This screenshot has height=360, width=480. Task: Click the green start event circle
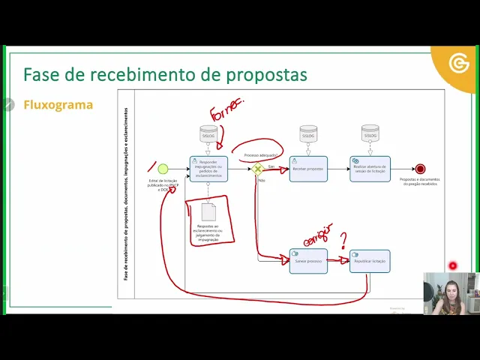[163, 169]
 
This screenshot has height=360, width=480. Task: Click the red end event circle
[420, 169]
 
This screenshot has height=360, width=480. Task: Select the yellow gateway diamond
[257, 169]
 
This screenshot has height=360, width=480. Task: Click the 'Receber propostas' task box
[308, 169]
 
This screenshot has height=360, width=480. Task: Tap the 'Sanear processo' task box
[308, 261]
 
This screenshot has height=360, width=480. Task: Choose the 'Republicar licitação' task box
[370, 261]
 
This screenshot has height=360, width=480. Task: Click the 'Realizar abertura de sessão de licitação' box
[370, 169]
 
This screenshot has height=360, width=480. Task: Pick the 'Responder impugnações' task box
[208, 169]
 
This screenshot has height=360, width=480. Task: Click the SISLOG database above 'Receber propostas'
[308, 133]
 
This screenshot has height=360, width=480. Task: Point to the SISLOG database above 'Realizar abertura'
[370, 133]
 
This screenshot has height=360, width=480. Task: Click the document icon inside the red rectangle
[208, 212]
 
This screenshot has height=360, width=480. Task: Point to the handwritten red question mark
[343, 240]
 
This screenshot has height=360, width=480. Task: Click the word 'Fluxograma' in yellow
[58, 105]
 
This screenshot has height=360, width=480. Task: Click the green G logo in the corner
[458, 64]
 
